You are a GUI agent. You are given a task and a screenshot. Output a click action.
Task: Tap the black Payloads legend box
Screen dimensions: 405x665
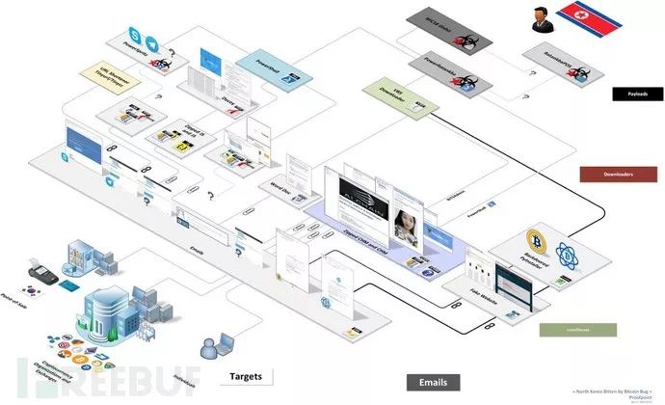(638, 94)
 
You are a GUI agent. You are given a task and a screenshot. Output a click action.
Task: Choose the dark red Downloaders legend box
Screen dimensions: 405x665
(617, 175)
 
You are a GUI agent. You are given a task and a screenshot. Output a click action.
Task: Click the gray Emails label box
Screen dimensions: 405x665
(433, 381)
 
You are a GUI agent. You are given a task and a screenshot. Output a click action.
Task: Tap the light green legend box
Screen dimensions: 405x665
(563, 329)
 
